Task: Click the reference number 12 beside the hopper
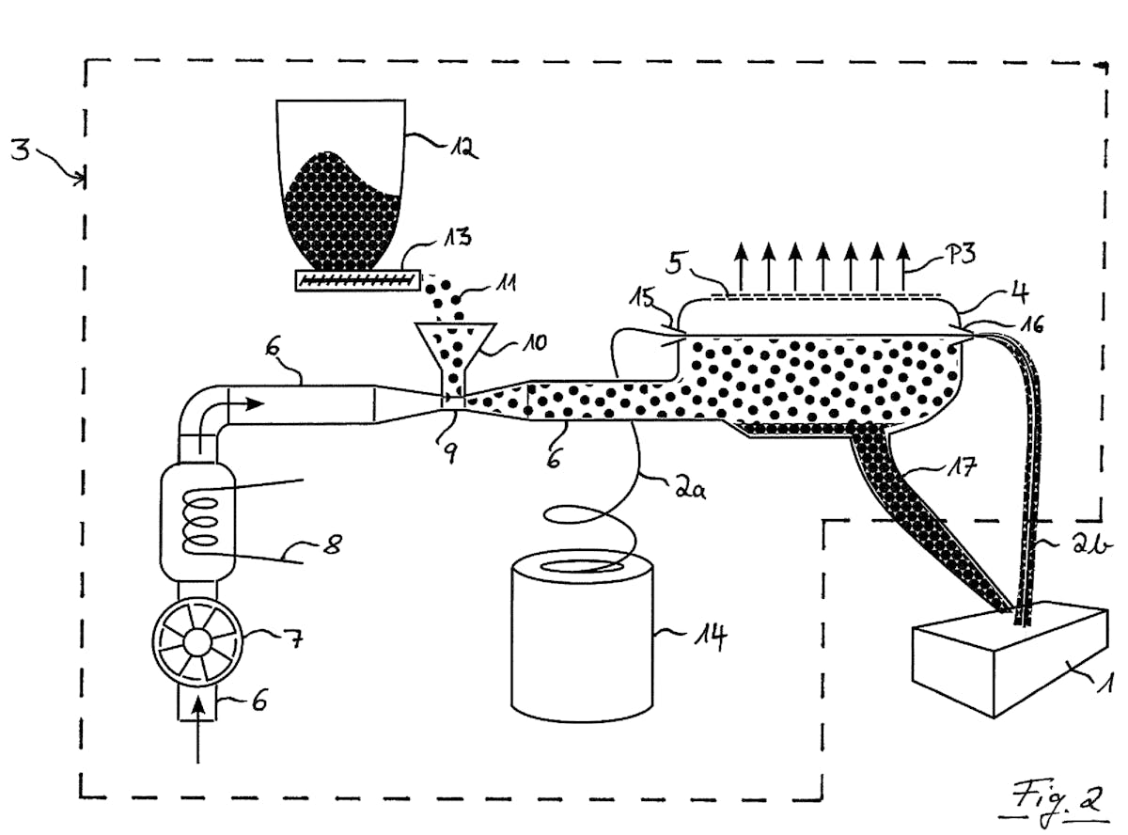(463, 147)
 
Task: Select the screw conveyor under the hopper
(356, 279)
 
